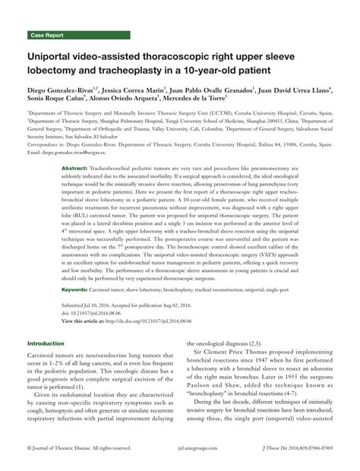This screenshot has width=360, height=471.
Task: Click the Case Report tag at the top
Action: pos(46,35)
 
